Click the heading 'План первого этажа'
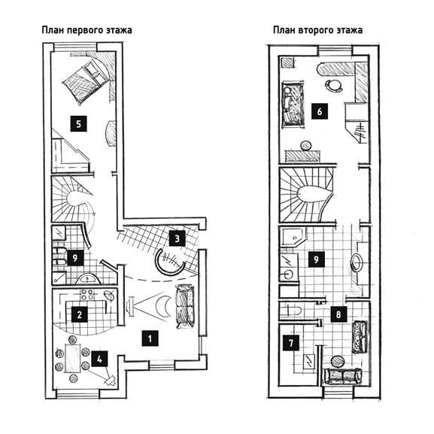click(86, 30)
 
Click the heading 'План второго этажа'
click(317, 30)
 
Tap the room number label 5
click(78, 123)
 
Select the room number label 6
click(320, 111)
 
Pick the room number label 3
click(177, 238)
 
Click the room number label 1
click(150, 338)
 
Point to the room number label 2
click(80, 314)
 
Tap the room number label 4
click(99, 359)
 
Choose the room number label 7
click(291, 343)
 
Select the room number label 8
click(338, 314)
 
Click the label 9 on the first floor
click(74, 258)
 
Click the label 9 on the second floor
click(316, 259)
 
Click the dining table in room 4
click(72, 358)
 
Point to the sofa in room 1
click(184, 306)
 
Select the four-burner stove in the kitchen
click(87, 295)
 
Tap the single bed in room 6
click(293, 105)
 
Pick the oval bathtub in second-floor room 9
click(357, 263)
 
